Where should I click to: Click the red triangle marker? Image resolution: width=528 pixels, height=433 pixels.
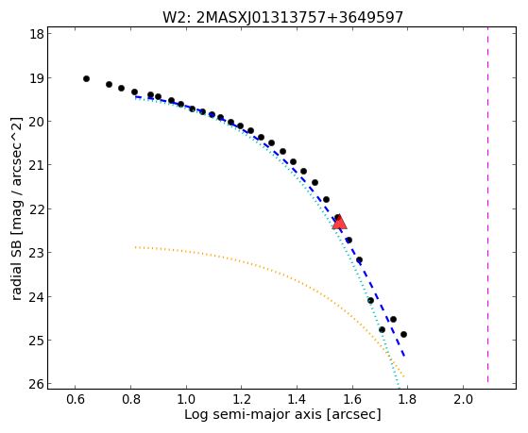tap(339, 222)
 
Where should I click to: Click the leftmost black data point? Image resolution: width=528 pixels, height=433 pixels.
tap(86, 78)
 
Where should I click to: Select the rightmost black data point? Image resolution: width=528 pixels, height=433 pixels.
tap(403, 335)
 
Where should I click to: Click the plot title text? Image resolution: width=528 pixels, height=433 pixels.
tap(282, 17)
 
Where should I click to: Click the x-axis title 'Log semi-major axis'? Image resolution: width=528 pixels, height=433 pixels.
tap(253, 414)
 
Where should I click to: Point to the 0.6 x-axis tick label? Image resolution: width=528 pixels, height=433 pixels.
tap(76, 399)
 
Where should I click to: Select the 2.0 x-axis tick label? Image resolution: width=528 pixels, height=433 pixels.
tap(463, 399)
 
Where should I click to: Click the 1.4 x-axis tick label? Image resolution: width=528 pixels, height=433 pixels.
tap(297, 399)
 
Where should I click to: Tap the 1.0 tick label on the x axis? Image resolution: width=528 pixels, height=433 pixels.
tap(186, 399)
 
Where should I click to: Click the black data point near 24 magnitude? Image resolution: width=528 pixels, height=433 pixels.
tap(370, 300)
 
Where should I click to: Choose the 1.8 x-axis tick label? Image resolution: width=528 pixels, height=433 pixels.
tap(407, 399)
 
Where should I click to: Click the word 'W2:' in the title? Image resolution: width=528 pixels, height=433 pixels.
tap(178, 18)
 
